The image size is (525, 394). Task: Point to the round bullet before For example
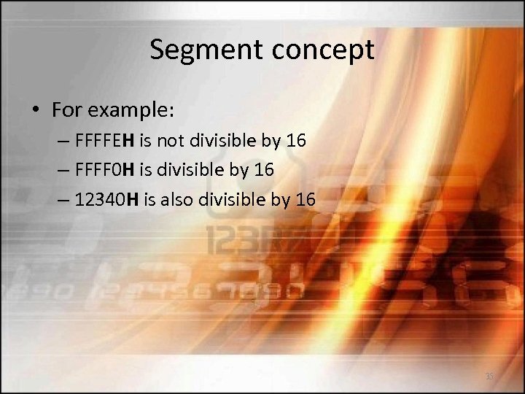coord(36,111)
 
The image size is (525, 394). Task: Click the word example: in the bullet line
coord(128,111)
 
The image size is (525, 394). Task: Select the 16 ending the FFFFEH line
coord(296,140)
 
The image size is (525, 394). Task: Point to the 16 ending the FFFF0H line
coord(264,169)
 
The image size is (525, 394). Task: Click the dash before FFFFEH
coord(63,141)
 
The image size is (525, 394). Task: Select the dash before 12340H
coord(63,199)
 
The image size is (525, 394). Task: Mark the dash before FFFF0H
coord(63,170)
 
